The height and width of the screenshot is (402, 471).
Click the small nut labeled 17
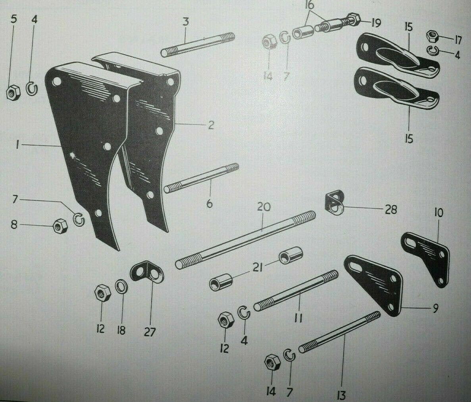tap(432, 36)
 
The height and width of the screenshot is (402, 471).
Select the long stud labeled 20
tap(246, 239)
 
